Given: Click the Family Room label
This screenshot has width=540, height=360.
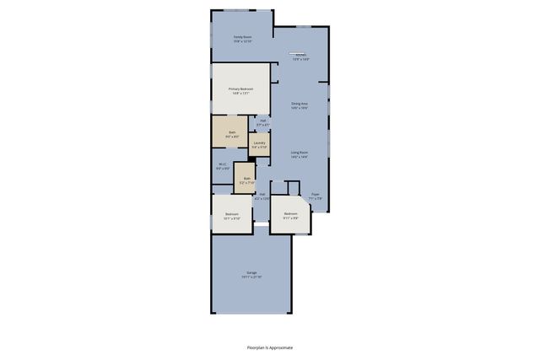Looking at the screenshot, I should (x=242, y=36).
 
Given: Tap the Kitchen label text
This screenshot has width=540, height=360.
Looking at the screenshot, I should (x=300, y=55).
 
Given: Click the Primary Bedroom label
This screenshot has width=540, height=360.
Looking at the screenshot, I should (x=241, y=89).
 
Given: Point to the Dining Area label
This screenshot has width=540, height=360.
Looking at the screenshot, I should (x=299, y=104).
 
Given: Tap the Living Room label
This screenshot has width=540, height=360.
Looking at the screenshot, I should (x=299, y=153).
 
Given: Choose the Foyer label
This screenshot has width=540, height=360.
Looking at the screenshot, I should (x=315, y=193).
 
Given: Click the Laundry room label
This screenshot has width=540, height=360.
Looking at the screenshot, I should (x=260, y=142).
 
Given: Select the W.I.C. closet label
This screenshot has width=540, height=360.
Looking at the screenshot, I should (x=223, y=164).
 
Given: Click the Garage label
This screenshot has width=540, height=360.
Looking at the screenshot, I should (x=251, y=272).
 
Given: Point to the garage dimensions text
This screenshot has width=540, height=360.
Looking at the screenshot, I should (x=251, y=277).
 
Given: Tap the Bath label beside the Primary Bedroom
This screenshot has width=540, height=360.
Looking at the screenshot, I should (x=232, y=132).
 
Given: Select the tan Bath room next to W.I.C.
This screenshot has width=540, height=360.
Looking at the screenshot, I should (x=245, y=181).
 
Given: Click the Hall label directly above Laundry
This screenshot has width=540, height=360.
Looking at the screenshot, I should (x=263, y=121).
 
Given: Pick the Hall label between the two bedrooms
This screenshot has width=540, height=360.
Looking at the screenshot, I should (x=262, y=195).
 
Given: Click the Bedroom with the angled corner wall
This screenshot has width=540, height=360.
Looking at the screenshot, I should (x=289, y=213).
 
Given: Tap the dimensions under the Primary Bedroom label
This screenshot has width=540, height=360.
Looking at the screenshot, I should (x=241, y=93).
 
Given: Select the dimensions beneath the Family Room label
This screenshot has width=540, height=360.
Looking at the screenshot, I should (x=242, y=40).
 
